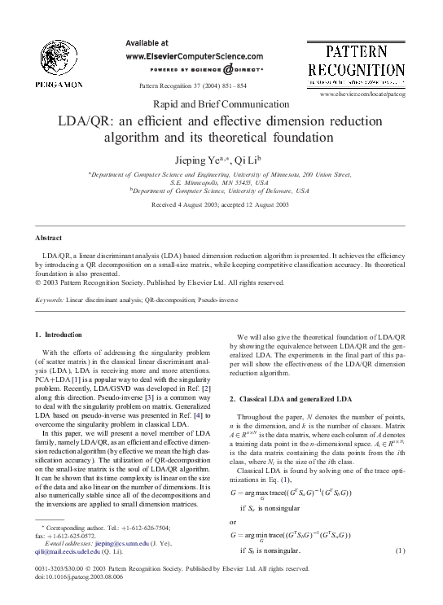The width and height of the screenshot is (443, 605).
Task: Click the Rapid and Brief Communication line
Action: click(x=221, y=103)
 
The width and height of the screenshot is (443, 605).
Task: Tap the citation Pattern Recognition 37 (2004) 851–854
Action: click(x=193, y=85)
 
